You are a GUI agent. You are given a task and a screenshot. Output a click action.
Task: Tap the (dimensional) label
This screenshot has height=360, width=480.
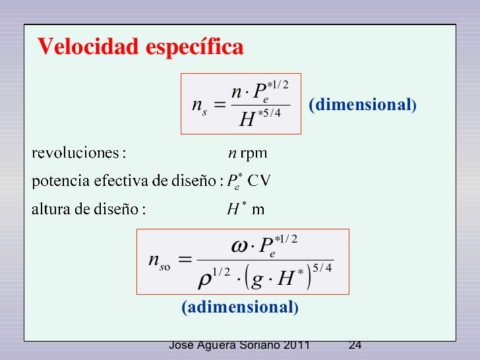tap(362, 105)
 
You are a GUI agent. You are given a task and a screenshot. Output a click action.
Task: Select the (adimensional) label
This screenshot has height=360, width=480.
tap(241, 307)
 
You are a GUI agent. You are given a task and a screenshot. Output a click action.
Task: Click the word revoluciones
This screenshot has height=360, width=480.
tap(76, 154)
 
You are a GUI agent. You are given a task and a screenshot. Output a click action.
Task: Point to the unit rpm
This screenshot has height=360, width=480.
tap(254, 154)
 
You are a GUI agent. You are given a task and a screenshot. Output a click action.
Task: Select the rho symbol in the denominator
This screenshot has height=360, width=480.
tap(206, 280)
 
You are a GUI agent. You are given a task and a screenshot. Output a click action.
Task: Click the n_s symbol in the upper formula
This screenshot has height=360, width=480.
tap(199, 107)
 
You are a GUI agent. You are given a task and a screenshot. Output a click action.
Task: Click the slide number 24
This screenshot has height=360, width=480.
tap(355, 345)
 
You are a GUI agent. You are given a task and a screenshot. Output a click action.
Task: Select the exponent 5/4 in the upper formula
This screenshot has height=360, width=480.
tap(273, 114)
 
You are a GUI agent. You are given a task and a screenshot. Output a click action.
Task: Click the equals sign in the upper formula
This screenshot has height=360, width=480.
tap(220, 106)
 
